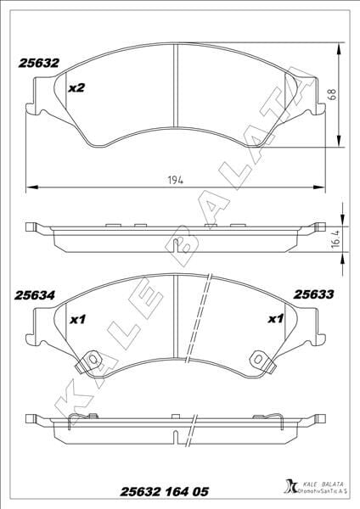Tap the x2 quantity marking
click(x=77, y=87)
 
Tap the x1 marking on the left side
click(x=77, y=320)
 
